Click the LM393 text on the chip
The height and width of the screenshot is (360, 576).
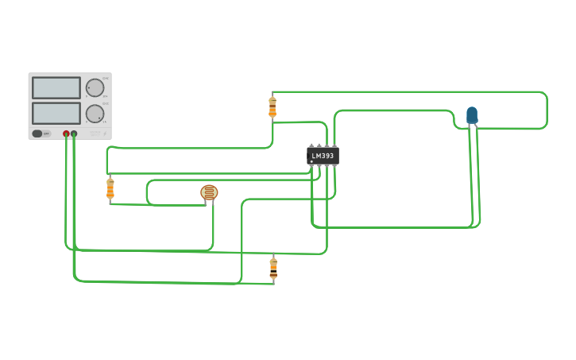(x=323, y=156)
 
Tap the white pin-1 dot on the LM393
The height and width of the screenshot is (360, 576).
(x=311, y=161)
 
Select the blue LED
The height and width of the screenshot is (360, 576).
(x=472, y=115)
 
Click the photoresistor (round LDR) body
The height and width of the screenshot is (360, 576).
(x=209, y=192)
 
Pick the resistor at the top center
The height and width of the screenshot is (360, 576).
(x=273, y=106)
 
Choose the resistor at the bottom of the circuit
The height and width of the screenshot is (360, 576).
(x=273, y=269)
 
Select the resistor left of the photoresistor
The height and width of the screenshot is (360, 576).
(x=110, y=188)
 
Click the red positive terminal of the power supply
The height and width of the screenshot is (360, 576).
(x=66, y=134)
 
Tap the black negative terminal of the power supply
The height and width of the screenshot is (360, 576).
(x=74, y=134)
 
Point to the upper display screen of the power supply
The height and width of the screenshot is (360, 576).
(x=56, y=87)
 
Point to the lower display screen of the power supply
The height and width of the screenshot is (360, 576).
(x=56, y=113)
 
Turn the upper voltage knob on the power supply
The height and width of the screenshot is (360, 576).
(x=95, y=87)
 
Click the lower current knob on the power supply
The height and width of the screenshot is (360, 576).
(x=95, y=114)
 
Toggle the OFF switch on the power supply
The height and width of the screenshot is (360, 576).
(x=41, y=134)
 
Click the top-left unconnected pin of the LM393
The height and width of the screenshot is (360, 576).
(x=311, y=145)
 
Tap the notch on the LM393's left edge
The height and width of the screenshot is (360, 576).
(x=308, y=156)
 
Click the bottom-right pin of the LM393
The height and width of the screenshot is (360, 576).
(x=334, y=166)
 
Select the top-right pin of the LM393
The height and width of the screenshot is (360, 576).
(x=334, y=145)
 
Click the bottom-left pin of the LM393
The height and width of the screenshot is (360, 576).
(x=311, y=166)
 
